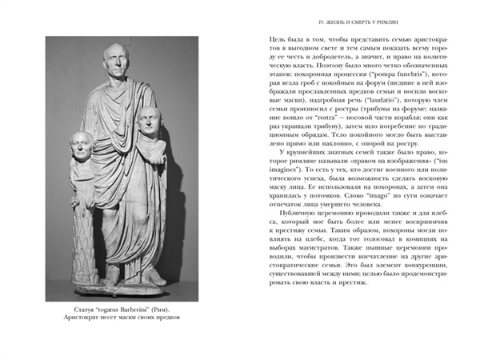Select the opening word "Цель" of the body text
[274, 38]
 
